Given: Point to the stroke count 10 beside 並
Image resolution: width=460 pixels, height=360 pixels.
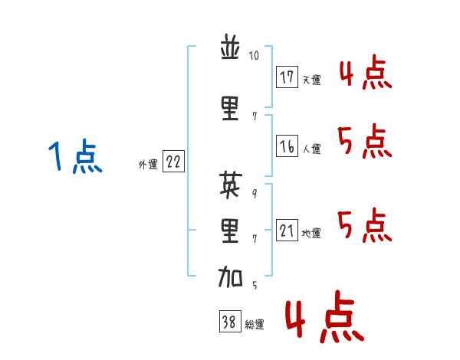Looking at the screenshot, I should [x=255, y=56].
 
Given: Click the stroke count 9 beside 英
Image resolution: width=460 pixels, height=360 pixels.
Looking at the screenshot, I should [x=255, y=192].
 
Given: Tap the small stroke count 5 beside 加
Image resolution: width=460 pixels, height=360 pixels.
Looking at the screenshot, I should [x=255, y=285].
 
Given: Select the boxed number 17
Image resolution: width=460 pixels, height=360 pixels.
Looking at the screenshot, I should [x=287, y=77].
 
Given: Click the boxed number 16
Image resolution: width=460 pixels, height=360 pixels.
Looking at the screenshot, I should [x=287, y=146].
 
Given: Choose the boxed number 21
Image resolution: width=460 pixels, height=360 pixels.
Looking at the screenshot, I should [x=287, y=231].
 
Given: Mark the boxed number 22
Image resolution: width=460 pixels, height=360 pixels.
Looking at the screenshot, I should [x=173, y=162].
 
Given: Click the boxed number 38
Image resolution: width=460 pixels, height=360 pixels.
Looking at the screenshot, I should [x=229, y=322].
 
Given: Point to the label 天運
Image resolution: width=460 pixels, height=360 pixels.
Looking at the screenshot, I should [x=312, y=80].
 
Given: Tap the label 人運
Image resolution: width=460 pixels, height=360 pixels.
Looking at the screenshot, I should [x=312, y=149].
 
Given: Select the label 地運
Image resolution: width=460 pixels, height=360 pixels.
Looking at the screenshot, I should [x=312, y=233].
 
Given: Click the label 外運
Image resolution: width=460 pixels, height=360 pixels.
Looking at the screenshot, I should [x=148, y=164].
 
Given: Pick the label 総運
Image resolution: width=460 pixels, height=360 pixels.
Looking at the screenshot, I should [x=255, y=325].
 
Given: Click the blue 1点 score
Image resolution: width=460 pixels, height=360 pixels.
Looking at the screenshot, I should [x=75, y=158].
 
